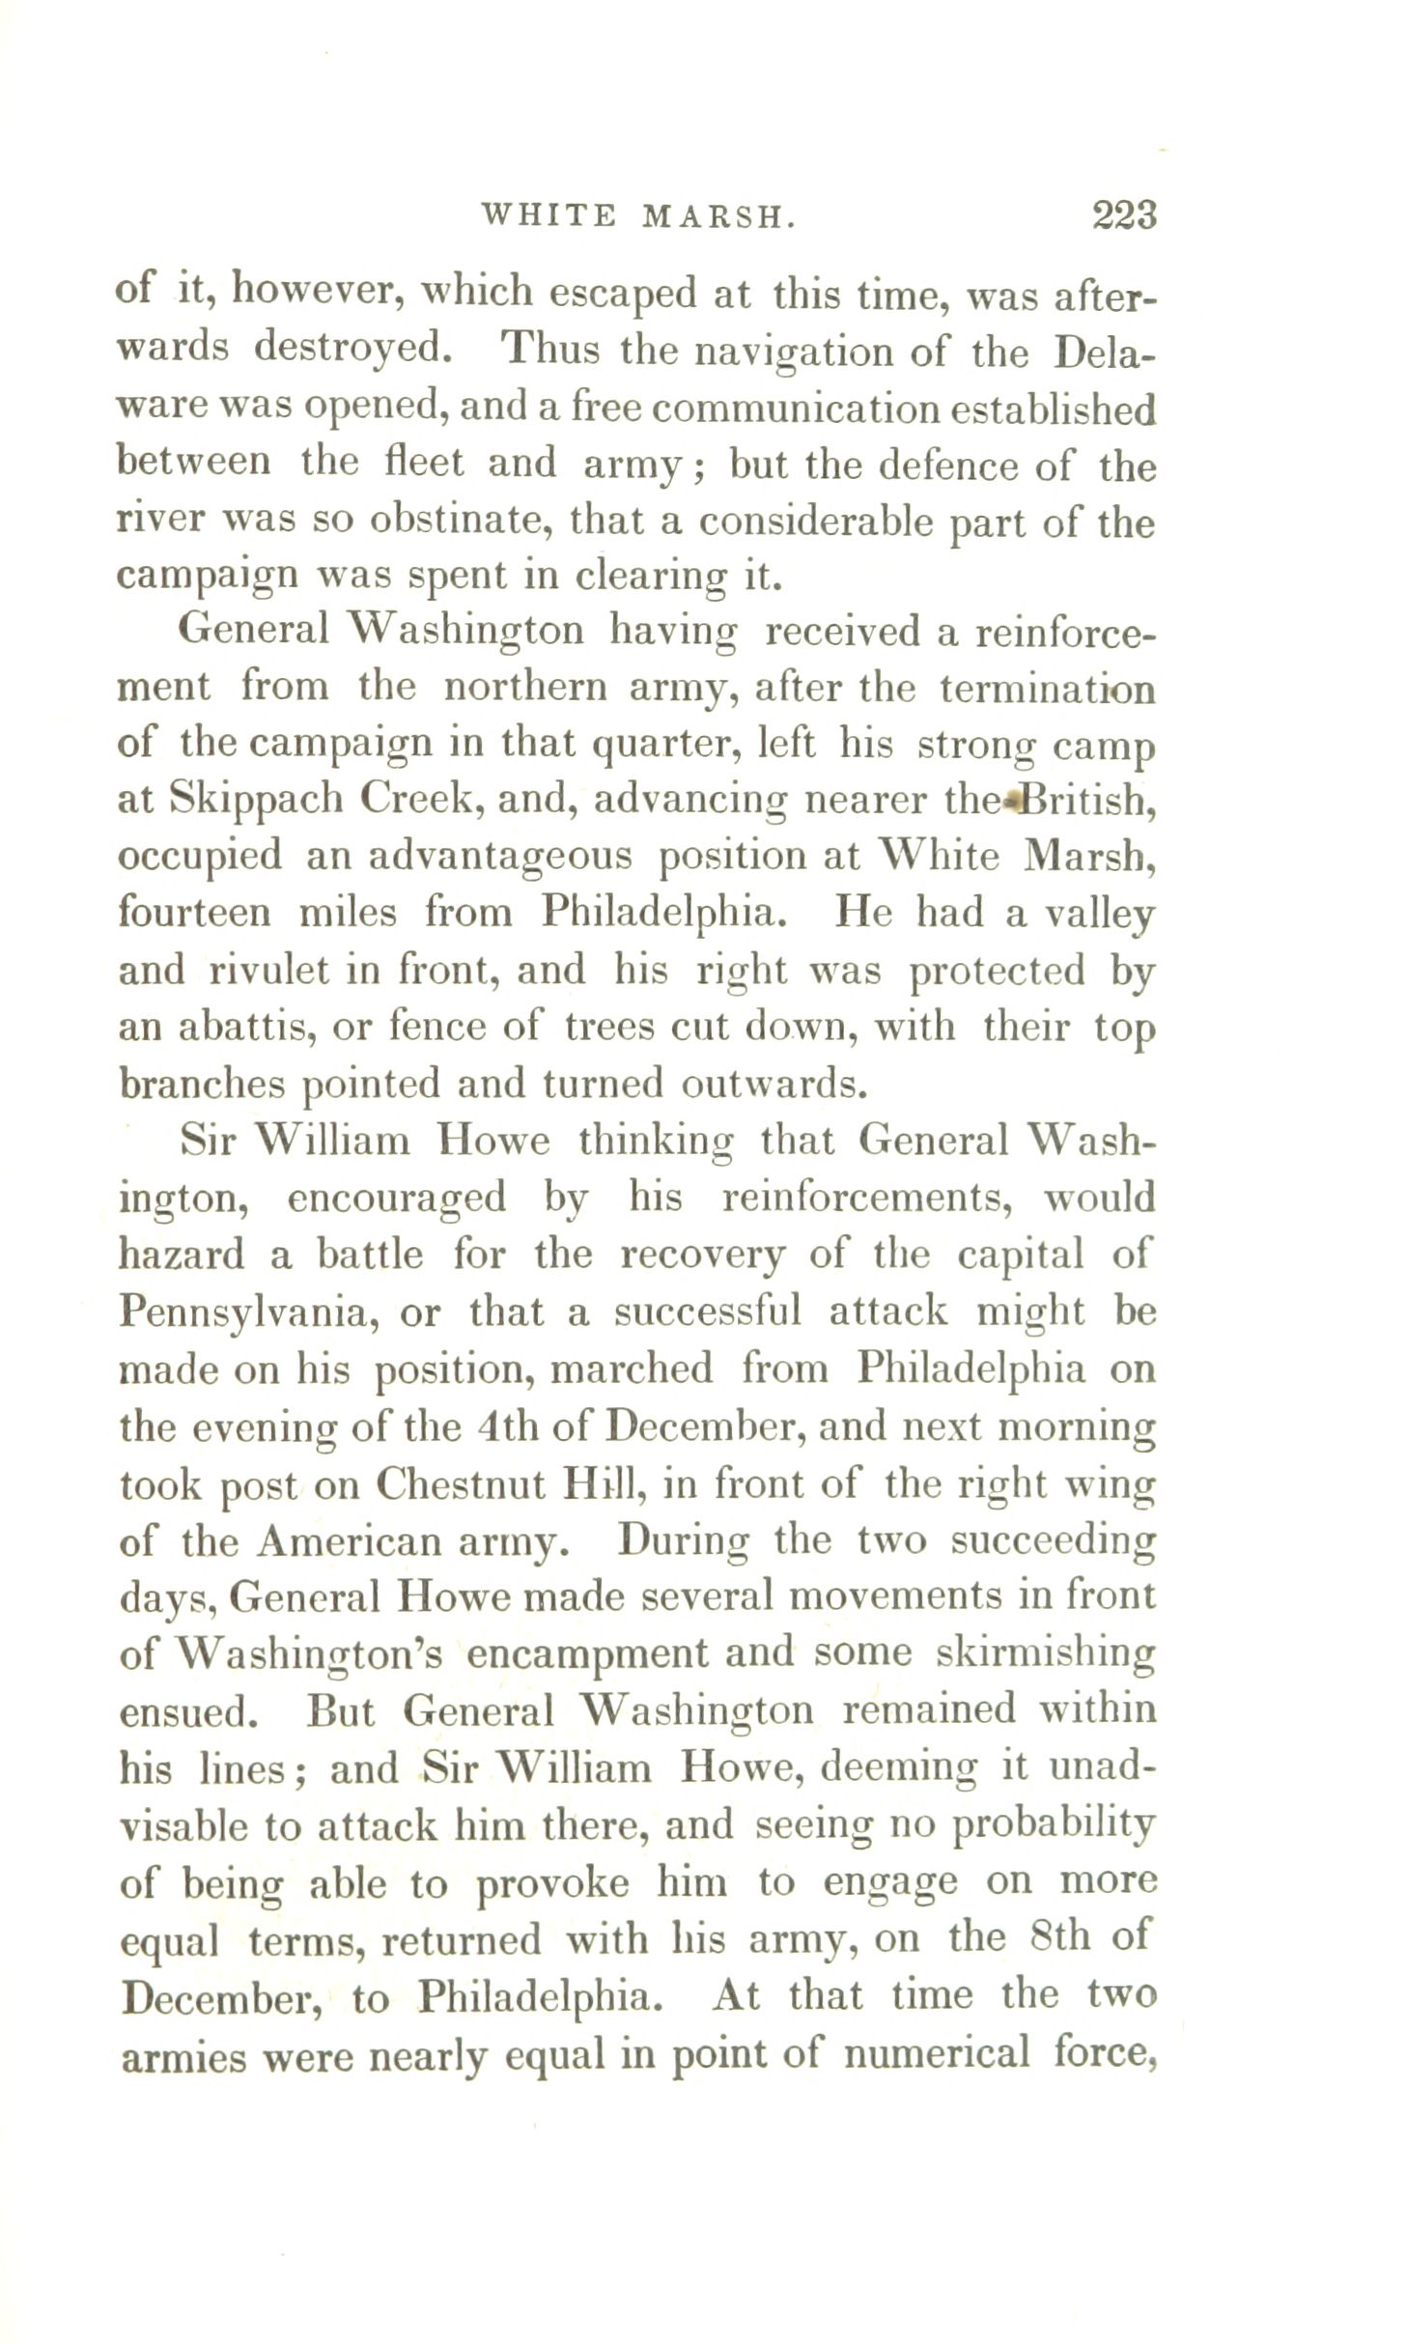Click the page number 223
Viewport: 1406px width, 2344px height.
click(x=1124, y=213)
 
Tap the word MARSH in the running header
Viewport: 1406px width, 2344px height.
click(x=718, y=216)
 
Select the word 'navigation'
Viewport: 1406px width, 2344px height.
click(x=787, y=350)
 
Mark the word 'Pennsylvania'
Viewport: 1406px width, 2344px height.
click(x=248, y=1313)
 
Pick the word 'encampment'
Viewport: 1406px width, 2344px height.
click(x=588, y=1654)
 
